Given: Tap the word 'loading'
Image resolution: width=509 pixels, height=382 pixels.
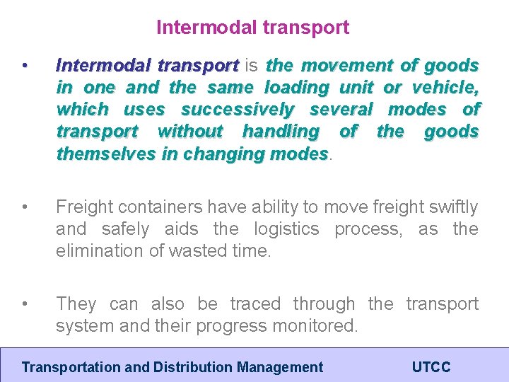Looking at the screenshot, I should [x=296, y=88].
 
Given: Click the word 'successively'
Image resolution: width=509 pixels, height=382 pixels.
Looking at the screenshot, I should [x=237, y=110].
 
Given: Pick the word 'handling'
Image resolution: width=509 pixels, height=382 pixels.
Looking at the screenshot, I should [x=280, y=132].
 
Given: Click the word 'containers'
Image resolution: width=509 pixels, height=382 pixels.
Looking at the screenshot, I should [x=153, y=207].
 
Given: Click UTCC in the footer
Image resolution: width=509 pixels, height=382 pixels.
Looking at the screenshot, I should [x=431, y=367].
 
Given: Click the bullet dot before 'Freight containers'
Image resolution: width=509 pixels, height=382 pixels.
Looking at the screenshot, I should [x=25, y=207].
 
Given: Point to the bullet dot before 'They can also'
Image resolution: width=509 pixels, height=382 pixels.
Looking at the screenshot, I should [x=25, y=304].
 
